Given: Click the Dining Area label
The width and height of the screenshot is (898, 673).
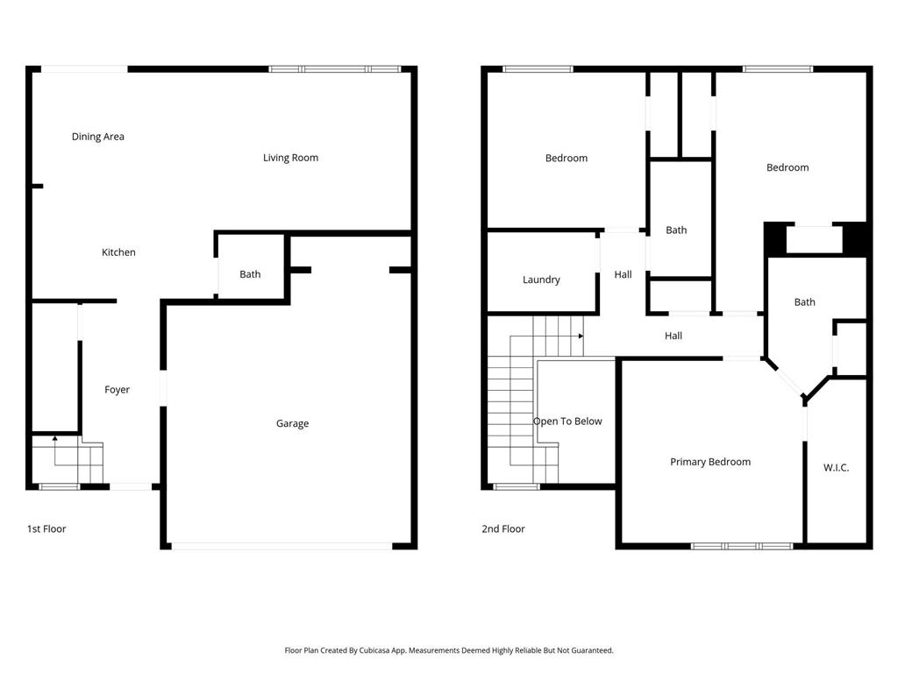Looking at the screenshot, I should click(x=97, y=137).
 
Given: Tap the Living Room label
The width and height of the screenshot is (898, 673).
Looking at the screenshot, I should click(x=290, y=158).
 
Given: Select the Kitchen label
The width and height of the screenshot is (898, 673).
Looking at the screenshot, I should click(x=118, y=252).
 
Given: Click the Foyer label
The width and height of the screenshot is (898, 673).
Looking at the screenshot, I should click(x=117, y=390).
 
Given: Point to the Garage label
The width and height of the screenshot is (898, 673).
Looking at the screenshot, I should click(x=292, y=423).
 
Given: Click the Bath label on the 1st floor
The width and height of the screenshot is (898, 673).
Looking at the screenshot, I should click(x=250, y=274).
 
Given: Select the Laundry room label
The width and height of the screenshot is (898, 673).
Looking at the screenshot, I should click(x=541, y=280).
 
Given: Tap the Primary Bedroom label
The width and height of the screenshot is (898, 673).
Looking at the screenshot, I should click(x=710, y=462).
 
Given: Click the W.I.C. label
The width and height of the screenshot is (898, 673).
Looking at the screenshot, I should click(x=836, y=468).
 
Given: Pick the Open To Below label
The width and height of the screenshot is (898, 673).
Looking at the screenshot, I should click(x=567, y=422).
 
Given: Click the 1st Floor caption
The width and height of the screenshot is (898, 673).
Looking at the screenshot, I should click(x=46, y=529).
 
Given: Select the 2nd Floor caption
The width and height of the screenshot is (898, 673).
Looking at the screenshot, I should click(x=503, y=529).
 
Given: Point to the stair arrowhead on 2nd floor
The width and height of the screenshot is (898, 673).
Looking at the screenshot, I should click(x=581, y=336).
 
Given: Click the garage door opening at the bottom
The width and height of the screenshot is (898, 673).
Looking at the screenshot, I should click(x=282, y=546).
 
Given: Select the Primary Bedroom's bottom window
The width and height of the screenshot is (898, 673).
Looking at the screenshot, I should click(x=742, y=546).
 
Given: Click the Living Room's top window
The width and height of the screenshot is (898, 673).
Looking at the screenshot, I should click(x=334, y=69).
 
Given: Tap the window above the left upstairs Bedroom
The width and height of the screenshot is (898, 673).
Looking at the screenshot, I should click(x=538, y=69).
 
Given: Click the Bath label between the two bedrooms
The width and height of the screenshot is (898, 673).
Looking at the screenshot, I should click(x=676, y=230).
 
